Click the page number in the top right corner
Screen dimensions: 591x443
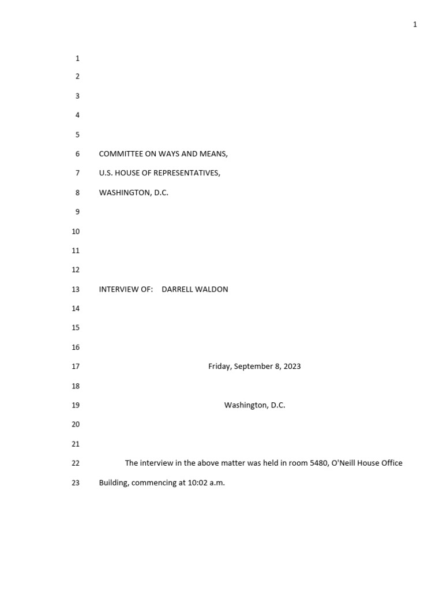(415, 24)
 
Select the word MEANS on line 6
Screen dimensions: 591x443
(213, 154)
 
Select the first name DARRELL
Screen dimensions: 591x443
(178, 289)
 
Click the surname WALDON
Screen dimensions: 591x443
(213, 289)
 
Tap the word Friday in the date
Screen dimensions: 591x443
(219, 366)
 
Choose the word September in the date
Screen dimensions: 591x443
(254, 366)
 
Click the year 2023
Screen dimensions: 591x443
(291, 366)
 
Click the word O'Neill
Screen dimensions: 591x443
(348, 463)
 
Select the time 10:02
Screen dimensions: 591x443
(198, 482)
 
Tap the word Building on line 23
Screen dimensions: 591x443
(114, 482)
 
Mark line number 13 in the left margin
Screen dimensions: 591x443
(76, 289)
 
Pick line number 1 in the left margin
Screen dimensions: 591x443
(77, 58)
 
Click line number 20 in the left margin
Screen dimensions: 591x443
(76, 424)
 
